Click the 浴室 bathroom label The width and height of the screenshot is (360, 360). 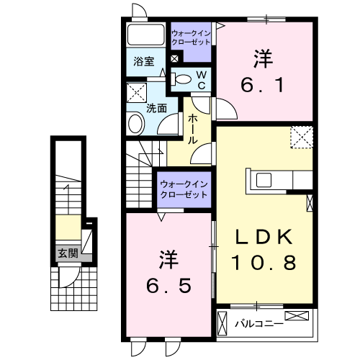click(144, 62)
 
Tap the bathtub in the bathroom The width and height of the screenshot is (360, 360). click(146, 36)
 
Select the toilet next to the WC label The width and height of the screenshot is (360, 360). click(183, 79)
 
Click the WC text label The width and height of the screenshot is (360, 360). click(202, 80)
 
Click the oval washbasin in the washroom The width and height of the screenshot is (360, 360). click(135, 124)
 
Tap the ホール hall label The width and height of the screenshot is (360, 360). click(193, 130)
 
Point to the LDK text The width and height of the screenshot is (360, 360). click(264, 237)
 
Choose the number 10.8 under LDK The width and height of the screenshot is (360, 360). click(264, 263)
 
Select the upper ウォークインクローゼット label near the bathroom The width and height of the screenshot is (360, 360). click(191, 37)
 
